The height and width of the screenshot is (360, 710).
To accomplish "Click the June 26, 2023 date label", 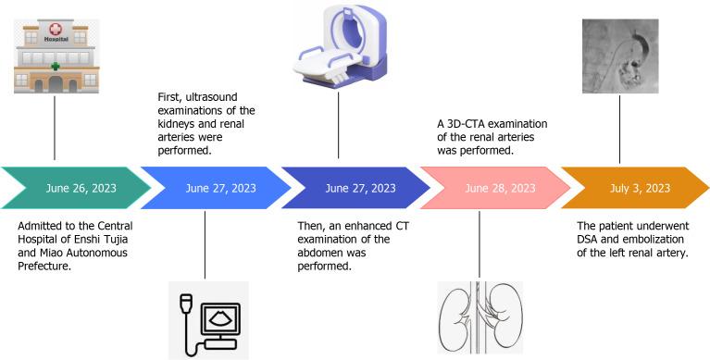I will click(x=81, y=188).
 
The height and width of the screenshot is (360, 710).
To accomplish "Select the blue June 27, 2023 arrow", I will click(x=220, y=188).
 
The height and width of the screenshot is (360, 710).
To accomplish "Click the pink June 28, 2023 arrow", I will click(x=500, y=188).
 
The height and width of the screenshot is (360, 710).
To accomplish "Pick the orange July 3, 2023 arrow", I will click(x=639, y=188).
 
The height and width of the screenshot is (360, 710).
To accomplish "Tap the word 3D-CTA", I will click(x=462, y=123).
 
